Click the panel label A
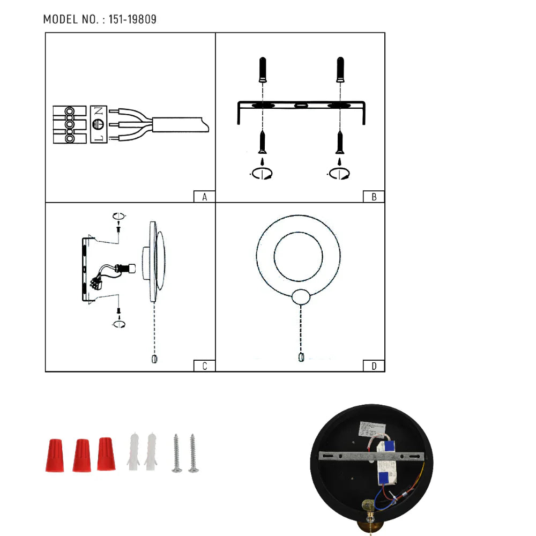click(204, 197)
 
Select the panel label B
click(374, 197)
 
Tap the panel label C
click(204, 366)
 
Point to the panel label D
click(374, 366)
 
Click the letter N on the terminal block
click(98, 112)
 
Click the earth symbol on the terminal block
click(98, 124)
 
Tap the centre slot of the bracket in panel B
click(301, 105)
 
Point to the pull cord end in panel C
click(154, 358)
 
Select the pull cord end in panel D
click(301, 358)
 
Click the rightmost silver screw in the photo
click(193, 453)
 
